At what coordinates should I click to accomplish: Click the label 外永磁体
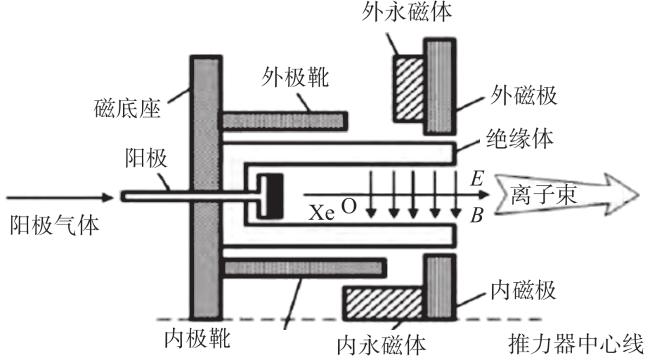coord(406,12)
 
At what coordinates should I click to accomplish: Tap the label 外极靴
coord(295,78)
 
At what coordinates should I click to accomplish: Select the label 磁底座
coord(127,109)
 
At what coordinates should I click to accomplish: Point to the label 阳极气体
coord(54,226)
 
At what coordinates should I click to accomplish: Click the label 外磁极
coord(524,95)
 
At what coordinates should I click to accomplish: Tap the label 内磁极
coord(523,289)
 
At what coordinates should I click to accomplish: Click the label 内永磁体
coord(381,345)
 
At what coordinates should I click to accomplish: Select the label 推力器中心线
coord(576,344)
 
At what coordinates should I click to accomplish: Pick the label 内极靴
coord(197,338)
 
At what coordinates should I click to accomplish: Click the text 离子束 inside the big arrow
coord(544,194)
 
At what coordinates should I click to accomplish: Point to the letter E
coord(477,178)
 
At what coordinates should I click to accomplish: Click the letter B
coord(477,215)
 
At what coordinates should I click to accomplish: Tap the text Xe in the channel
coord(322,213)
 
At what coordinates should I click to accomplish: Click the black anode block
coord(274,196)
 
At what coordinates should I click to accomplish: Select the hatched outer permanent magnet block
coord(409,89)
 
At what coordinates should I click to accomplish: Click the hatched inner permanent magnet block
coord(383,303)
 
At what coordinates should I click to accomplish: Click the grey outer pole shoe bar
coord(284,121)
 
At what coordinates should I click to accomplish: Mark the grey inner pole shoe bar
coord(303,268)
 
